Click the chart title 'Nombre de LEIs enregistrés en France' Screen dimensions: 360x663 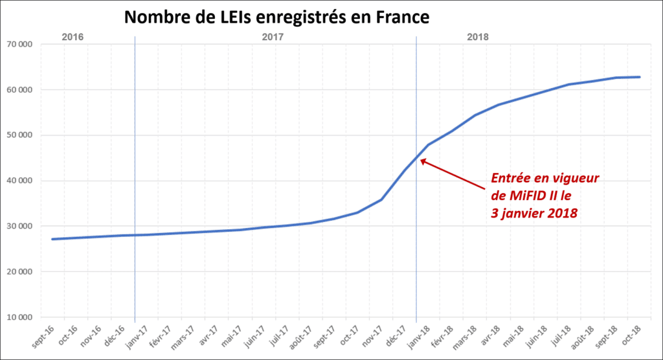tap(277, 18)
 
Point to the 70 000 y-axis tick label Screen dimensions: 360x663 tap(22, 45)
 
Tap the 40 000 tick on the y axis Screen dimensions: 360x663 tap(22, 181)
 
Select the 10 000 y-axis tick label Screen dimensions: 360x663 tap(22, 317)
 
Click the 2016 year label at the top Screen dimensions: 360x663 tap(73, 37)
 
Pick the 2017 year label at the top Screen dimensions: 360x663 tap(273, 37)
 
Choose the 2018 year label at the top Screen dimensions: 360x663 tap(478, 37)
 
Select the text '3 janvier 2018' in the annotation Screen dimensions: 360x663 tap(534, 212)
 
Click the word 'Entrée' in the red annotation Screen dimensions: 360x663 tap(511, 177)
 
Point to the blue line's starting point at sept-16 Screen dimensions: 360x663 tap(52, 239)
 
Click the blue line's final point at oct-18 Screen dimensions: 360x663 tap(640, 77)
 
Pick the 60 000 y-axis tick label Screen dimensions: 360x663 tap(22, 90)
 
